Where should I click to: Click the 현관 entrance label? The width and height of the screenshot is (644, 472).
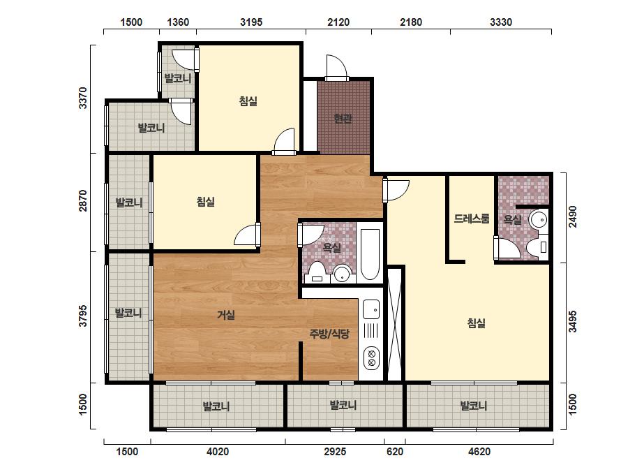[x=343, y=119]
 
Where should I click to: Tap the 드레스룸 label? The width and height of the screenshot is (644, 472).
[x=472, y=219]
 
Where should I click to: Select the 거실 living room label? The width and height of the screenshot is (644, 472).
[x=226, y=316]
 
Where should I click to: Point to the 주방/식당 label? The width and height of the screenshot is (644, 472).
[x=329, y=334]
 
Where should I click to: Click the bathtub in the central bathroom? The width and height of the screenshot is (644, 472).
[x=370, y=254]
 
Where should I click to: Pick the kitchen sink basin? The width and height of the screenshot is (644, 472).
[x=371, y=309]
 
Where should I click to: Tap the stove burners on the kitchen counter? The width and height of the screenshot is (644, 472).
[x=372, y=358]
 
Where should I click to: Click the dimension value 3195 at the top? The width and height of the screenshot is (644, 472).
[x=251, y=22]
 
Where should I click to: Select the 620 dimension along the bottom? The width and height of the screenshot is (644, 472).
[x=395, y=452]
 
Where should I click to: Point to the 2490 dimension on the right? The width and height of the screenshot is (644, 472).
[x=573, y=216]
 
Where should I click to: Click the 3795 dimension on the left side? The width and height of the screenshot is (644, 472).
[x=83, y=316]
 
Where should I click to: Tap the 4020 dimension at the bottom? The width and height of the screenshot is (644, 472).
[x=218, y=452]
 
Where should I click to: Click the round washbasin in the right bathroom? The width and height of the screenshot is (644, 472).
[x=539, y=220]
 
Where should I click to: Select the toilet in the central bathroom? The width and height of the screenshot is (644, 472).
[x=317, y=272]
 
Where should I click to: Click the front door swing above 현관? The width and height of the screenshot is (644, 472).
[x=337, y=67]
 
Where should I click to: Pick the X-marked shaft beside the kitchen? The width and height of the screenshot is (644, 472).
[x=395, y=324]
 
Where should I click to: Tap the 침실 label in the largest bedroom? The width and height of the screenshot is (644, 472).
[x=477, y=323]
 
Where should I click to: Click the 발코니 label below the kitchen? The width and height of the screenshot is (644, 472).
[x=343, y=406]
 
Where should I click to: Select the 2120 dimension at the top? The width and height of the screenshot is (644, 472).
[x=338, y=22]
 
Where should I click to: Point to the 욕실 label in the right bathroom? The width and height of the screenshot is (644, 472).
[x=513, y=219]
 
